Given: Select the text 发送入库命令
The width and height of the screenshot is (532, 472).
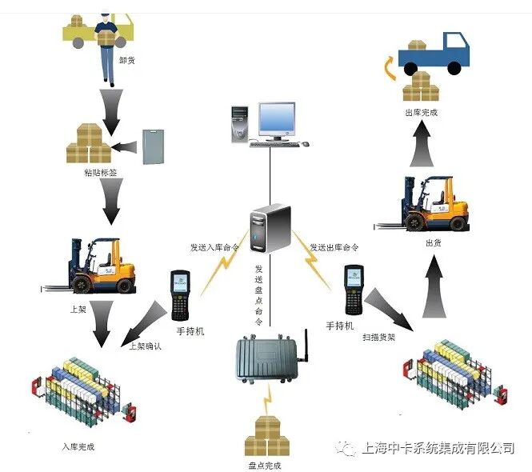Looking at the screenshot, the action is tap(214, 248).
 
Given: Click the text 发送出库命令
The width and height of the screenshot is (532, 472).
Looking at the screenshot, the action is tap(334, 248).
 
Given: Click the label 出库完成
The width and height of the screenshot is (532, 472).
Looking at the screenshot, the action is tap(422, 113).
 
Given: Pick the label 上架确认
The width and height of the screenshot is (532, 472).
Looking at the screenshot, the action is tap(145, 346).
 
